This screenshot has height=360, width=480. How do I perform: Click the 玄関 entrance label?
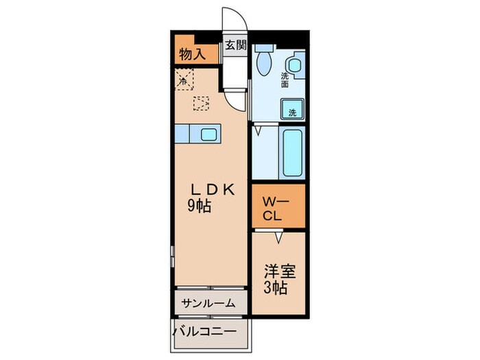[235, 47]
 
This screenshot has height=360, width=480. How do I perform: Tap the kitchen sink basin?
[208, 133]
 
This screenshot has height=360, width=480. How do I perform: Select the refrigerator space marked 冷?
[184, 80]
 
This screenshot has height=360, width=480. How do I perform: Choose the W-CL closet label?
[277, 208]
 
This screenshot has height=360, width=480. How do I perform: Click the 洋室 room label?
[280, 272]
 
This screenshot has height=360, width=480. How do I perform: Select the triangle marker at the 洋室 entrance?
[279, 237]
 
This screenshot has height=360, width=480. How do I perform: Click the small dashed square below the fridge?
[200, 104]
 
